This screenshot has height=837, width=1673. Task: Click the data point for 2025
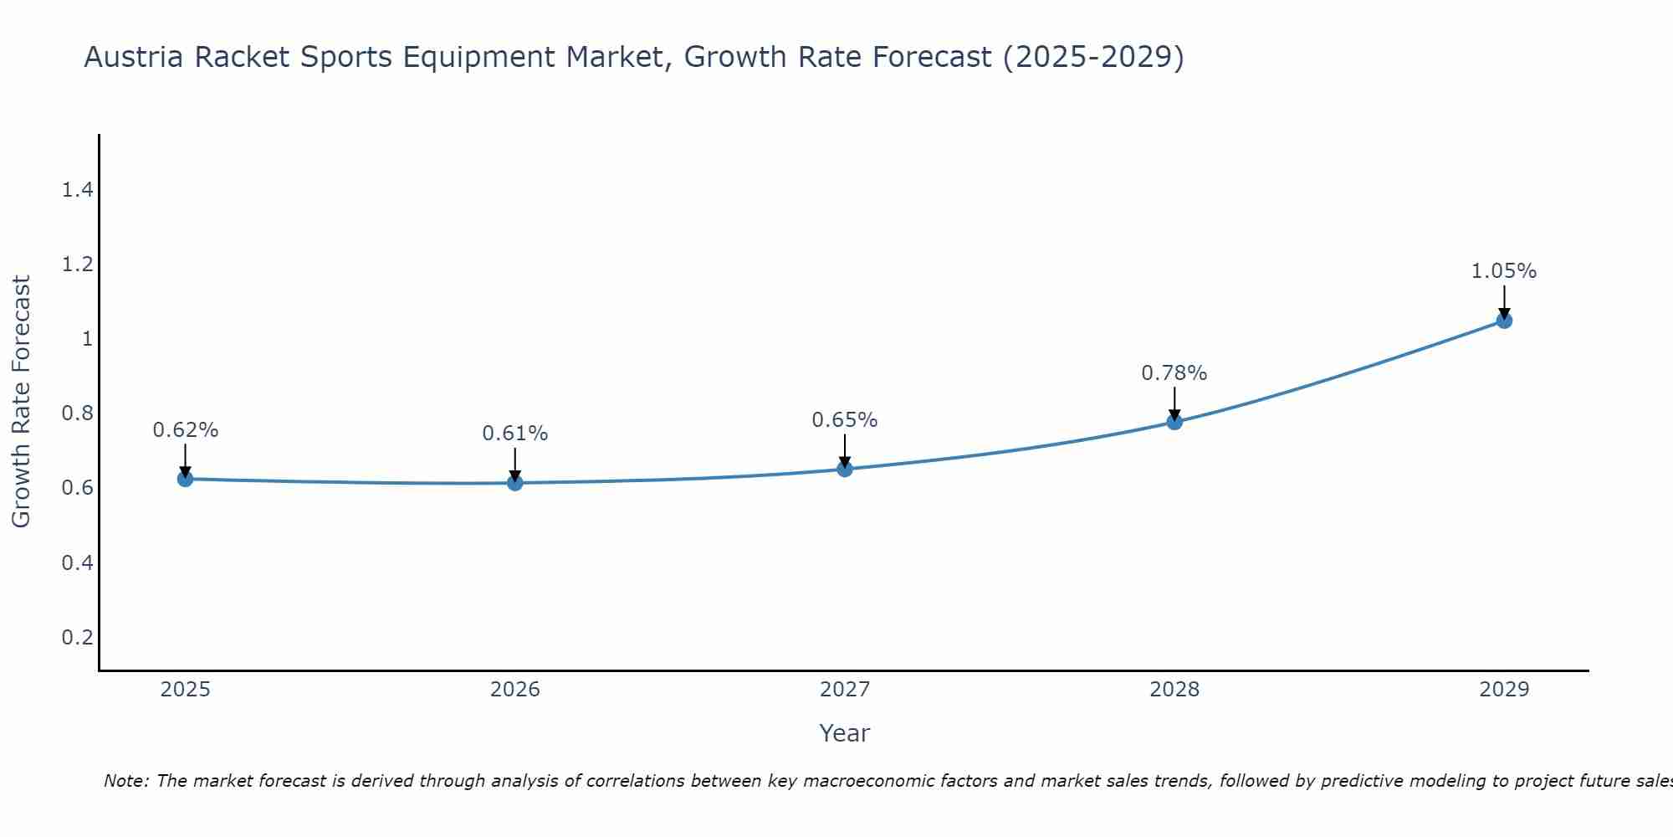(x=185, y=479)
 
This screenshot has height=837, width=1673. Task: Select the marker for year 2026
(x=514, y=483)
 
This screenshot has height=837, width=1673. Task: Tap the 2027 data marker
(x=845, y=469)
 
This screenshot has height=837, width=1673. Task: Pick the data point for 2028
(x=1174, y=422)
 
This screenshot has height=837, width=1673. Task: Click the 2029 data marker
(x=1504, y=321)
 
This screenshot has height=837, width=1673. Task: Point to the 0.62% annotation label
(x=185, y=430)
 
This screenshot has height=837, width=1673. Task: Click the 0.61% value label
(x=514, y=434)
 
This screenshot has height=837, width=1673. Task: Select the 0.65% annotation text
(x=845, y=420)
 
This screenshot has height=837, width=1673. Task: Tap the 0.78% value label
(x=1174, y=373)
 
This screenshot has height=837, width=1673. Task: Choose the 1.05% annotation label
(x=1504, y=271)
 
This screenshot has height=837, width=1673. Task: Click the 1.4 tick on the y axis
(x=77, y=190)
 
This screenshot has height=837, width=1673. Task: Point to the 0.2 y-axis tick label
(x=77, y=637)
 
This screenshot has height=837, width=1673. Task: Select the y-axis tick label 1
(x=86, y=339)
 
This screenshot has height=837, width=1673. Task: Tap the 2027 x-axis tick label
(x=845, y=690)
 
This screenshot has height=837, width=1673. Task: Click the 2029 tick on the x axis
(x=1504, y=690)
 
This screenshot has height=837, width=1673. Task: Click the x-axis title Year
(x=845, y=733)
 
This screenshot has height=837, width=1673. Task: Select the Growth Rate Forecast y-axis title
(x=21, y=402)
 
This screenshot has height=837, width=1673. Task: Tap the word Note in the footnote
(x=125, y=781)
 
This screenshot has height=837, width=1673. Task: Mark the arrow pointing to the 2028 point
(x=1174, y=403)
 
